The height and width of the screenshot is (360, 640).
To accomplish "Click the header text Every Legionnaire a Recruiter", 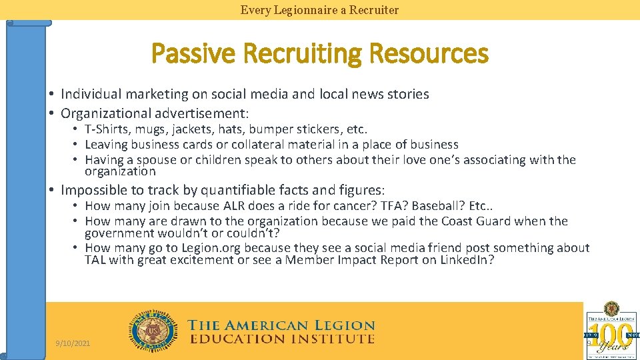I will click(x=319, y=10).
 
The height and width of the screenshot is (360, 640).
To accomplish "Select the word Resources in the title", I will click(x=428, y=53).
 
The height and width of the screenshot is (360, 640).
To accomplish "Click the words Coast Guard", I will click(x=471, y=221).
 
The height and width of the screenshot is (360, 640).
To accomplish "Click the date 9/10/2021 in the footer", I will click(x=73, y=343).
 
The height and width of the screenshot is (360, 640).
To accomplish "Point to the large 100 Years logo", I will click(x=612, y=331).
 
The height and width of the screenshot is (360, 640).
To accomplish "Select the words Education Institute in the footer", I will click(x=282, y=339).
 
